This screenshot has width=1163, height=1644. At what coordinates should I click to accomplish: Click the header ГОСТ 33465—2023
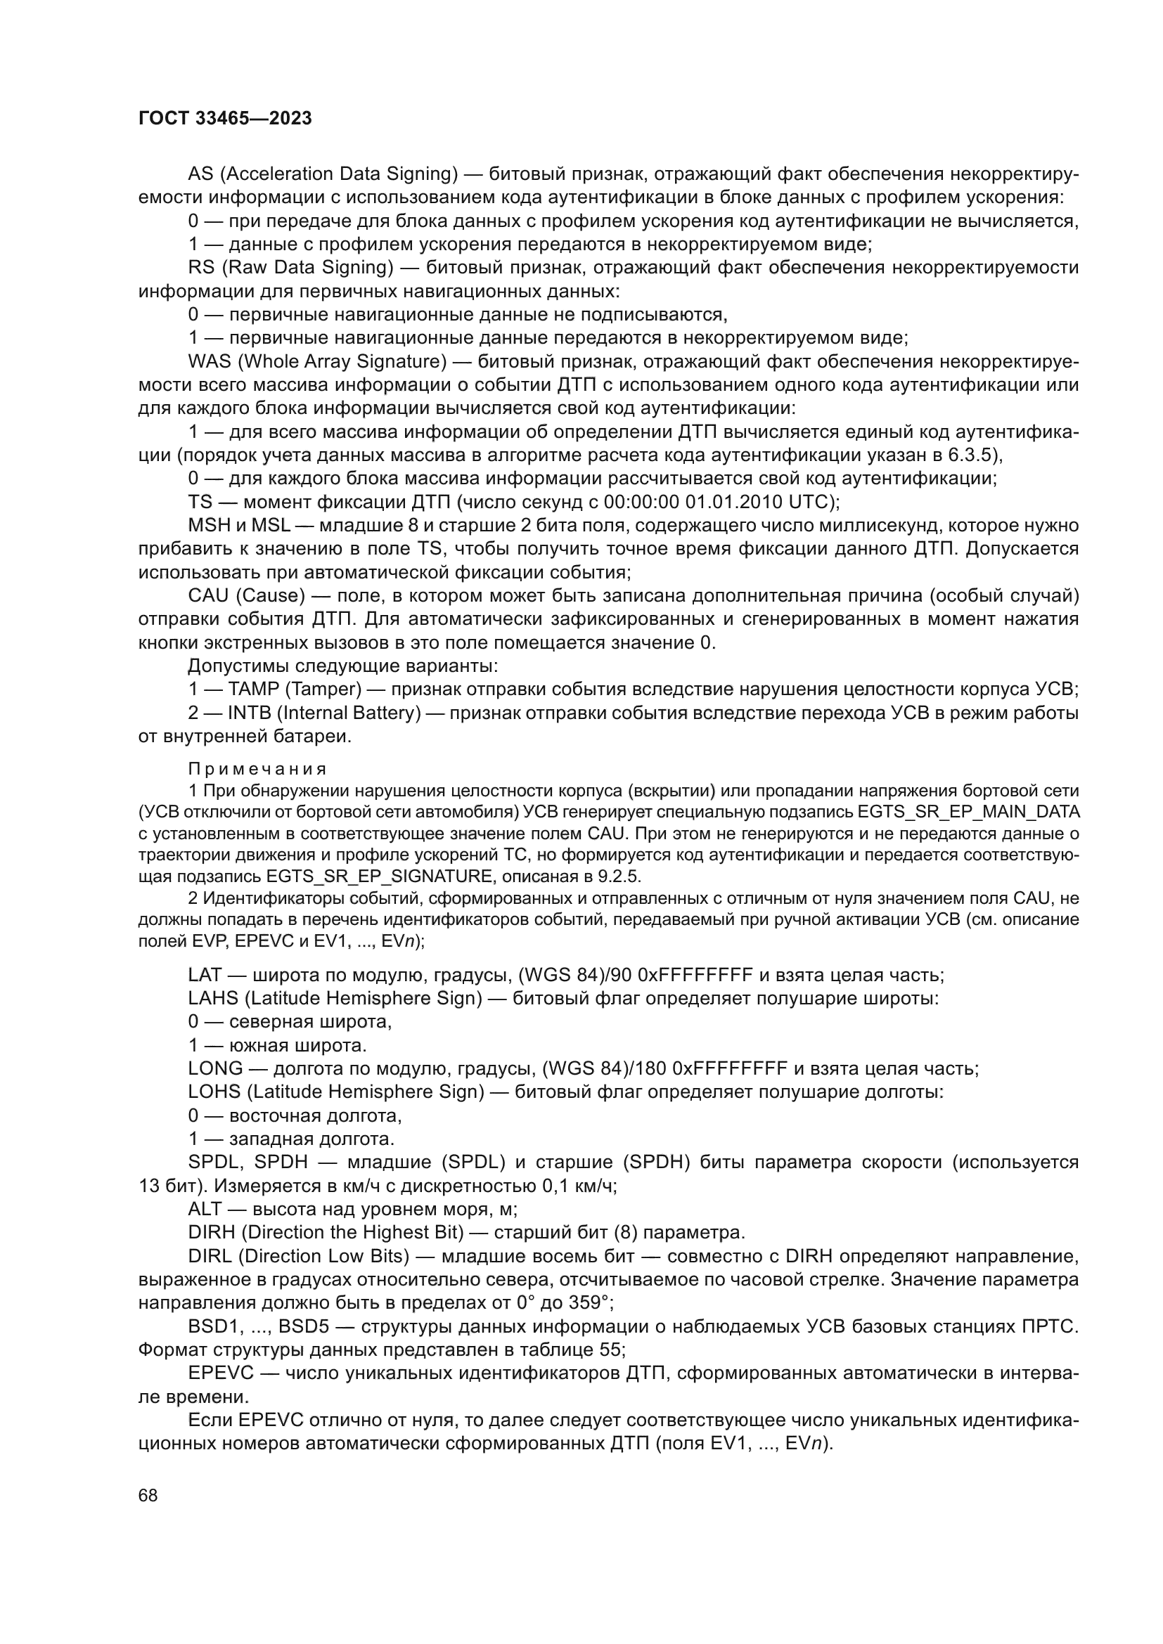click(225, 119)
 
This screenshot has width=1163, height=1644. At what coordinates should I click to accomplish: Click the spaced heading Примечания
click(257, 769)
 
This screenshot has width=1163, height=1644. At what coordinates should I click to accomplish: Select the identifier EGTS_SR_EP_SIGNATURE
click(379, 876)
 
